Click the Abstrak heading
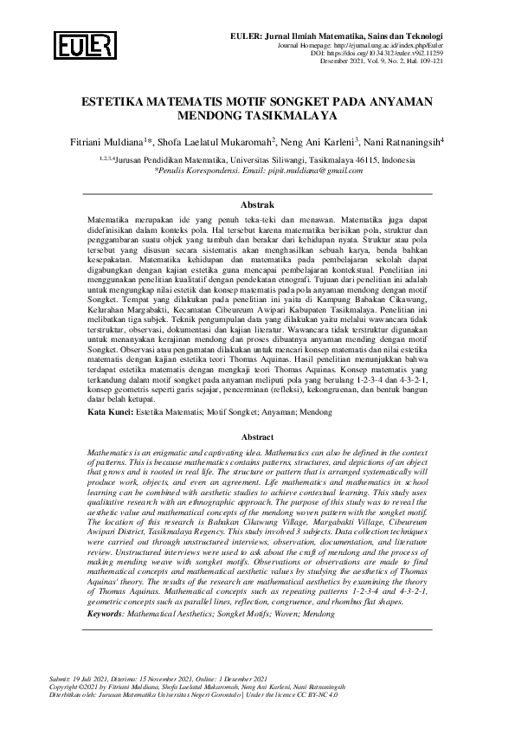point(257,205)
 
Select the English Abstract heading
point(257,438)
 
